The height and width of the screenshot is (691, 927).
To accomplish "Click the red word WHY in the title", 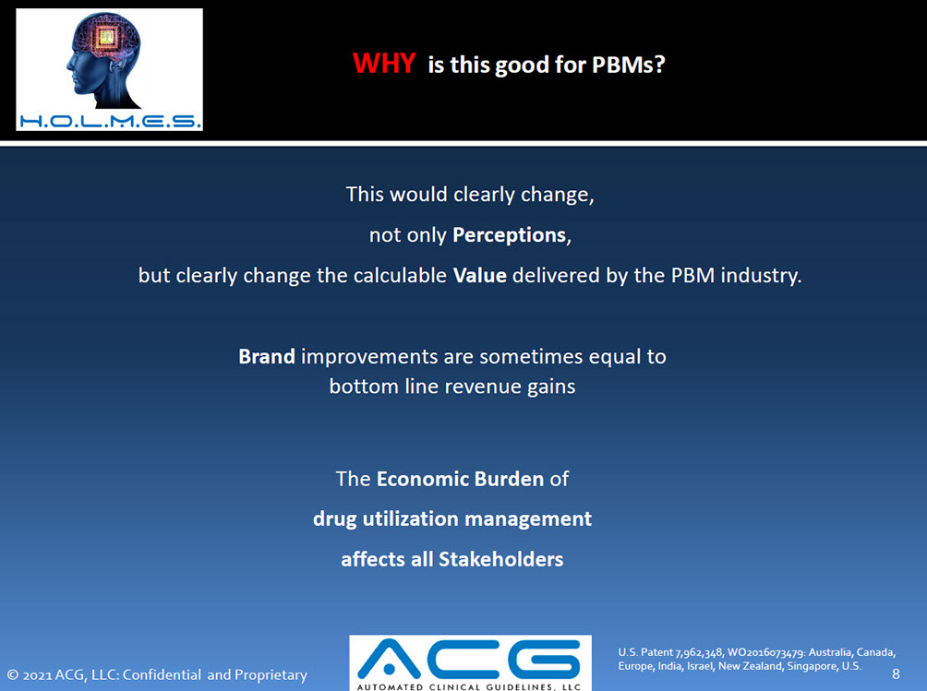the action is coord(384,63).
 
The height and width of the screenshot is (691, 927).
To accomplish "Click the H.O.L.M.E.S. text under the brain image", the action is coord(110,122).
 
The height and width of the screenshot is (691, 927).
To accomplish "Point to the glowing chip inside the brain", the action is coord(107,38).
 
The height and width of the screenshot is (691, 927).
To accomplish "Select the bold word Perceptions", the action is coord(510,235).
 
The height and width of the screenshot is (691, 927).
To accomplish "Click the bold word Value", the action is coord(480,275).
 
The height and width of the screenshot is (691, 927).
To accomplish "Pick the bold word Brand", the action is coord(267,357).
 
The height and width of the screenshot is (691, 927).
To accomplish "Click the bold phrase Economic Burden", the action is coord(460,479).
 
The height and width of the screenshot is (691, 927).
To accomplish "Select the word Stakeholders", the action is coord(500,559).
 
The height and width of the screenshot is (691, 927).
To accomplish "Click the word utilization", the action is coord(410,518).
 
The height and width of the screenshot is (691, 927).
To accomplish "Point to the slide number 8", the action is coord(896,673).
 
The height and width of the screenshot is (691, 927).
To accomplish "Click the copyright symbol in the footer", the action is coord(13,674).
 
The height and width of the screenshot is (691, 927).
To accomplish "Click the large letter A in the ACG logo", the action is coord(389,659).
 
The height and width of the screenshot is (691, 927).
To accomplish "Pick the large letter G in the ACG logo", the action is coord(544,659).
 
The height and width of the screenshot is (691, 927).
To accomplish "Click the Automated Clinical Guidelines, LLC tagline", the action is coord(469,687).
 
